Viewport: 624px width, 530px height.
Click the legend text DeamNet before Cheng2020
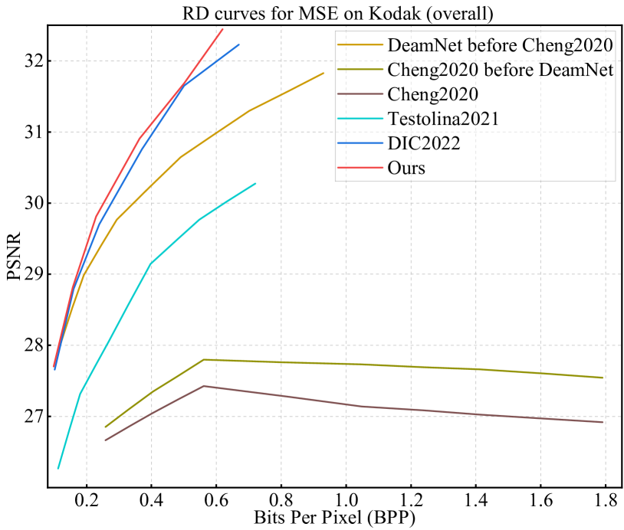tap(500, 45)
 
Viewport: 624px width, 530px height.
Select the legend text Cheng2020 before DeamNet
tap(500, 70)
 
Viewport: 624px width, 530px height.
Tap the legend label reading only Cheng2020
tap(433, 94)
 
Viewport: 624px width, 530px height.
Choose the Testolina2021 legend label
tap(444, 119)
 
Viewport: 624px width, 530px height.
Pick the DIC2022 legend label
tap(425, 143)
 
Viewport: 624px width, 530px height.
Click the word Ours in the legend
tap(406, 168)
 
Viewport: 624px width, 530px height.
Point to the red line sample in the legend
tap(360, 168)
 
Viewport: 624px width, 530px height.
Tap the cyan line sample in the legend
tap(360, 119)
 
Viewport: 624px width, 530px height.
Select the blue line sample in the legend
tap(360, 143)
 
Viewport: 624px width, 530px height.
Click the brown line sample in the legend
tap(360, 94)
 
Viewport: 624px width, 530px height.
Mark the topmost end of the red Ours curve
tap(222, 30)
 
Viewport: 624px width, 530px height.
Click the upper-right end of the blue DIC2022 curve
tap(238, 45)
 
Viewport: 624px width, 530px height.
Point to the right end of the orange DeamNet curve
tap(323, 74)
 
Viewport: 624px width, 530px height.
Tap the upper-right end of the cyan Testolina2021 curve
tap(255, 184)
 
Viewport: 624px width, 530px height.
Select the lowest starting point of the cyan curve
tap(58, 467)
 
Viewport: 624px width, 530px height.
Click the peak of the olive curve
tap(204, 359)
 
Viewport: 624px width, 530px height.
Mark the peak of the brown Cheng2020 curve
tap(203, 386)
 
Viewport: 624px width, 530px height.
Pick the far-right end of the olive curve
tap(603, 378)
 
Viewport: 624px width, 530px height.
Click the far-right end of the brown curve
tap(603, 422)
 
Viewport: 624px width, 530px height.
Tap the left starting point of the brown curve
tap(106, 440)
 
